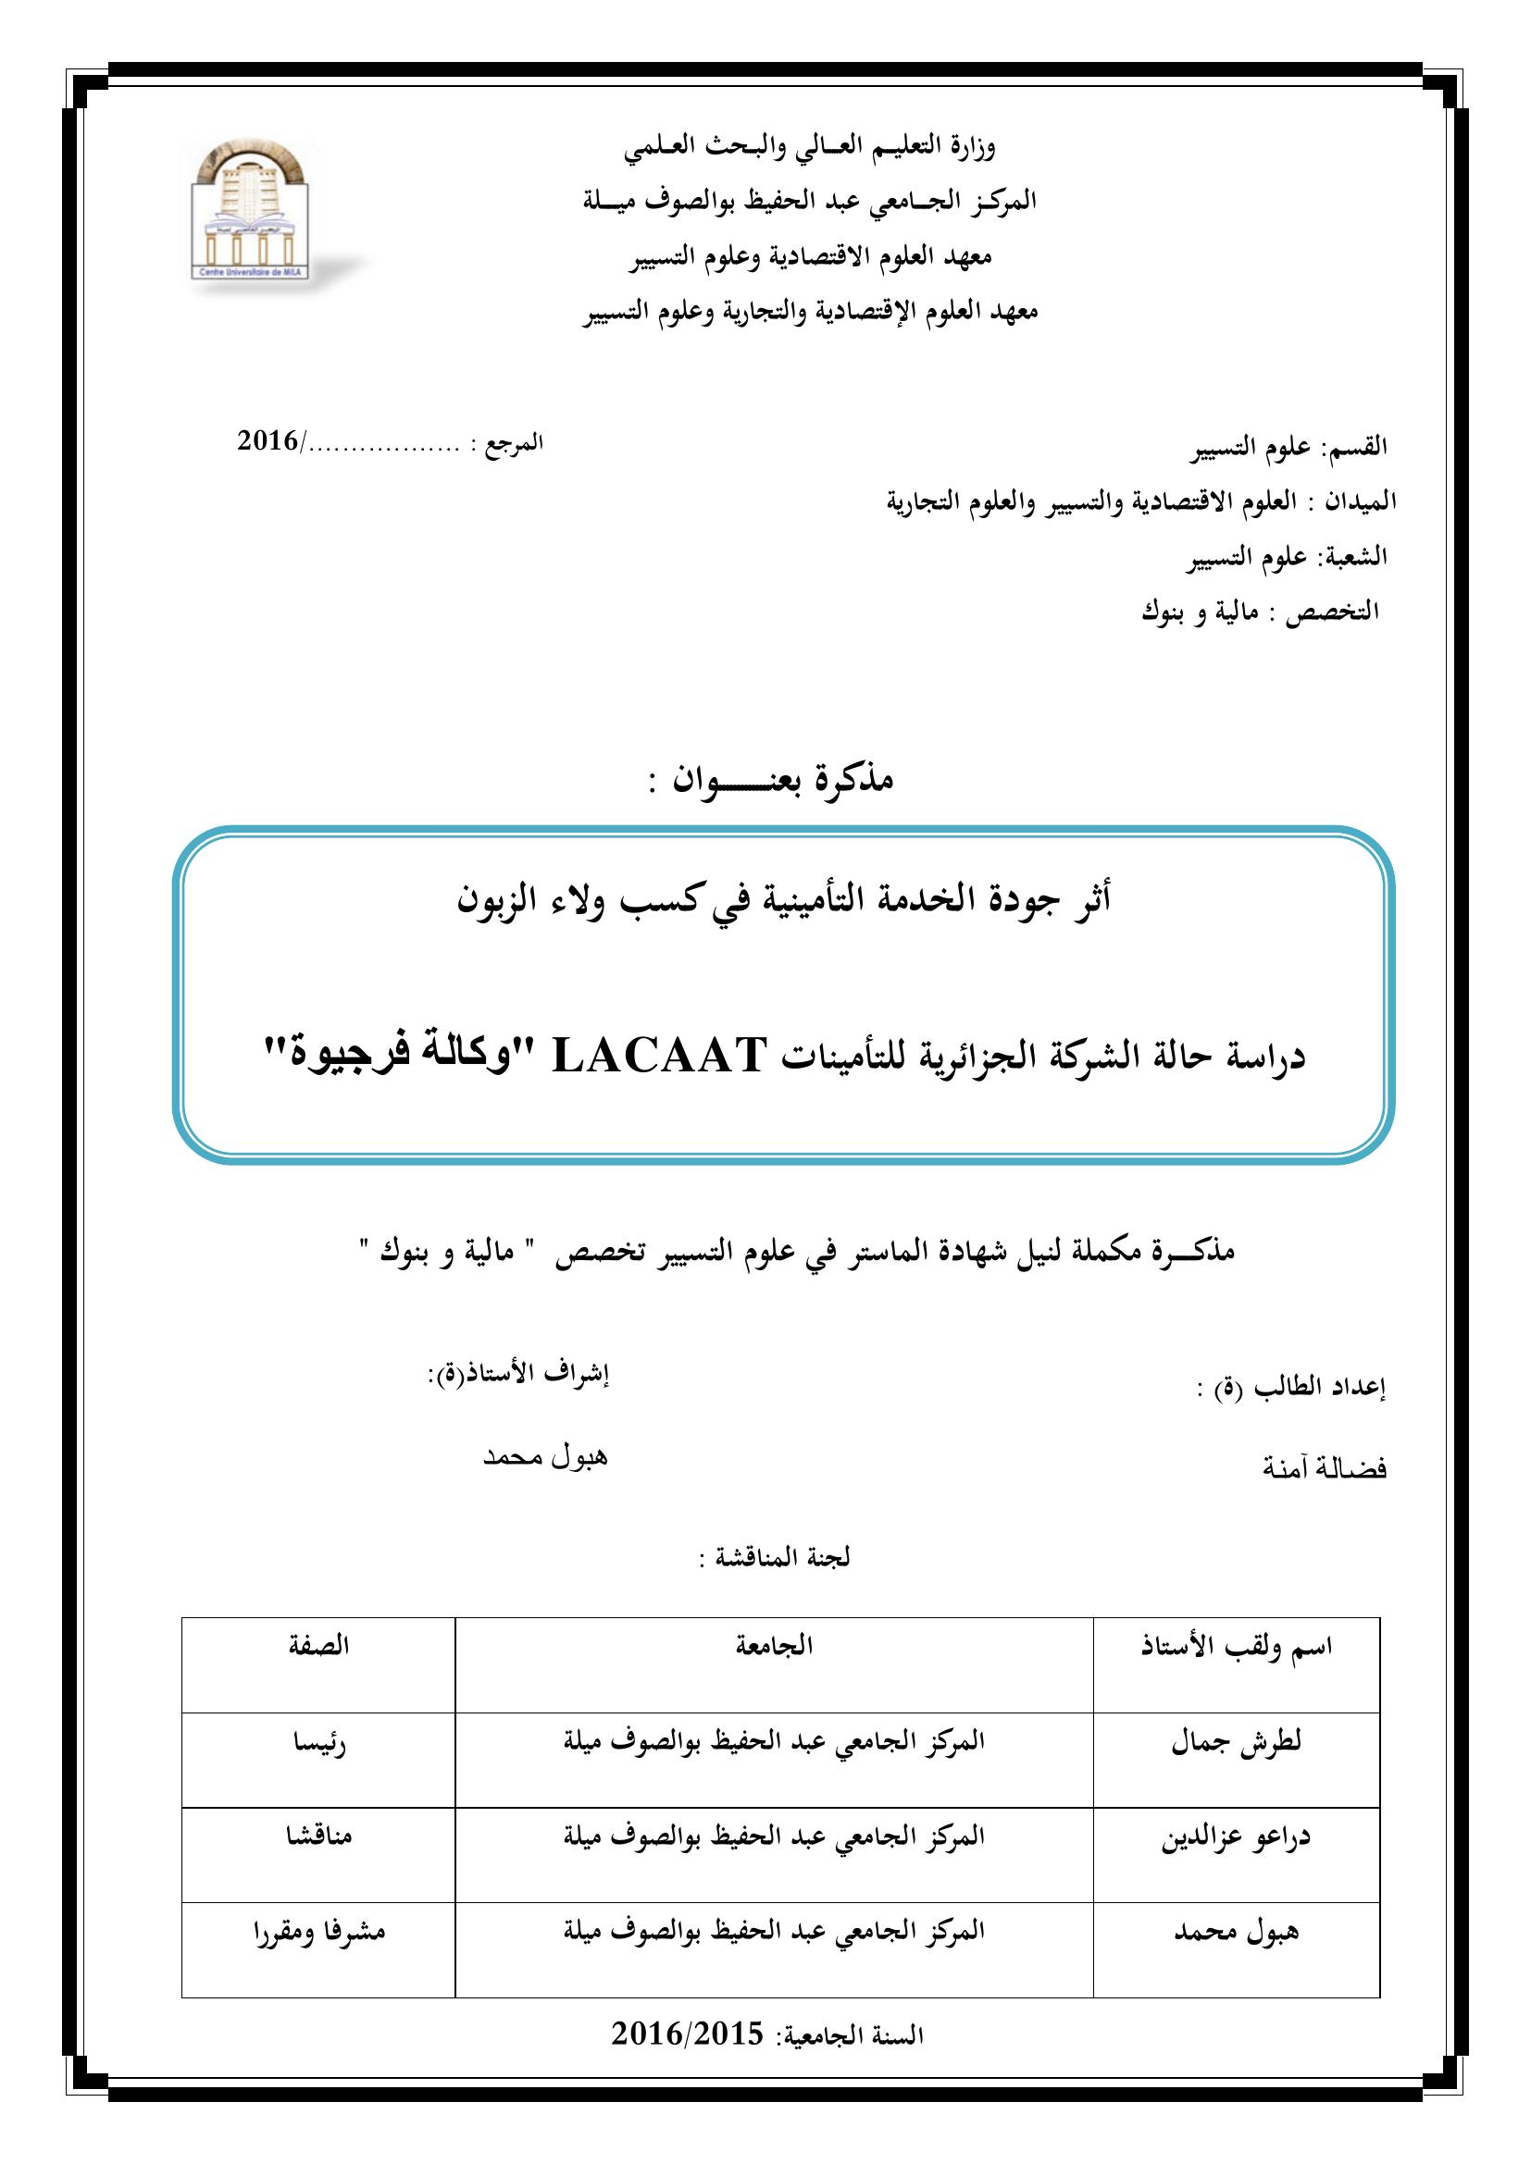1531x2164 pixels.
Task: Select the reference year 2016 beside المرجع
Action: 268,441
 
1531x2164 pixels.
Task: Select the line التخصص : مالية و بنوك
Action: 1261,612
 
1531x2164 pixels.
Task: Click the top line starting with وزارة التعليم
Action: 811,146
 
